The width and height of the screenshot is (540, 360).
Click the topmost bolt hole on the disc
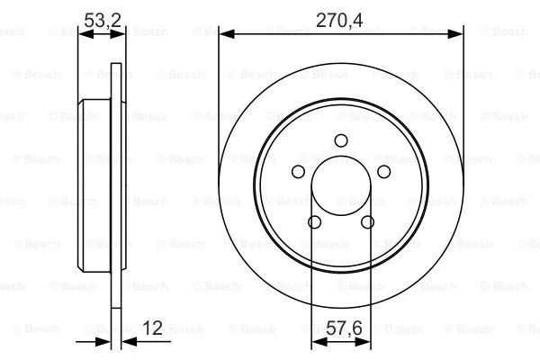tap(341, 139)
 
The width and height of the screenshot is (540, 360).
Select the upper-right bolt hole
tap(384, 172)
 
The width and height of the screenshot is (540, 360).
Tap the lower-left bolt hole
tap(314, 222)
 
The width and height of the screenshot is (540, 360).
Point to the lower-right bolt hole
tap(367, 222)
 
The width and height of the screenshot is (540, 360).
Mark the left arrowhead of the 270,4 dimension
tap(225, 33)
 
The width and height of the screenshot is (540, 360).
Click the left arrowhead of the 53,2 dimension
tap(85, 33)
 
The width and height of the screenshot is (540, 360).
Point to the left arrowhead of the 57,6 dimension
tap(316, 343)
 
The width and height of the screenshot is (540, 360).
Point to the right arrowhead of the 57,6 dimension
tap(366, 343)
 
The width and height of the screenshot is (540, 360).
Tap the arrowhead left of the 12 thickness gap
tap(103, 343)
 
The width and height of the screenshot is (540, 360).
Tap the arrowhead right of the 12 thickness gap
tap(126, 343)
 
